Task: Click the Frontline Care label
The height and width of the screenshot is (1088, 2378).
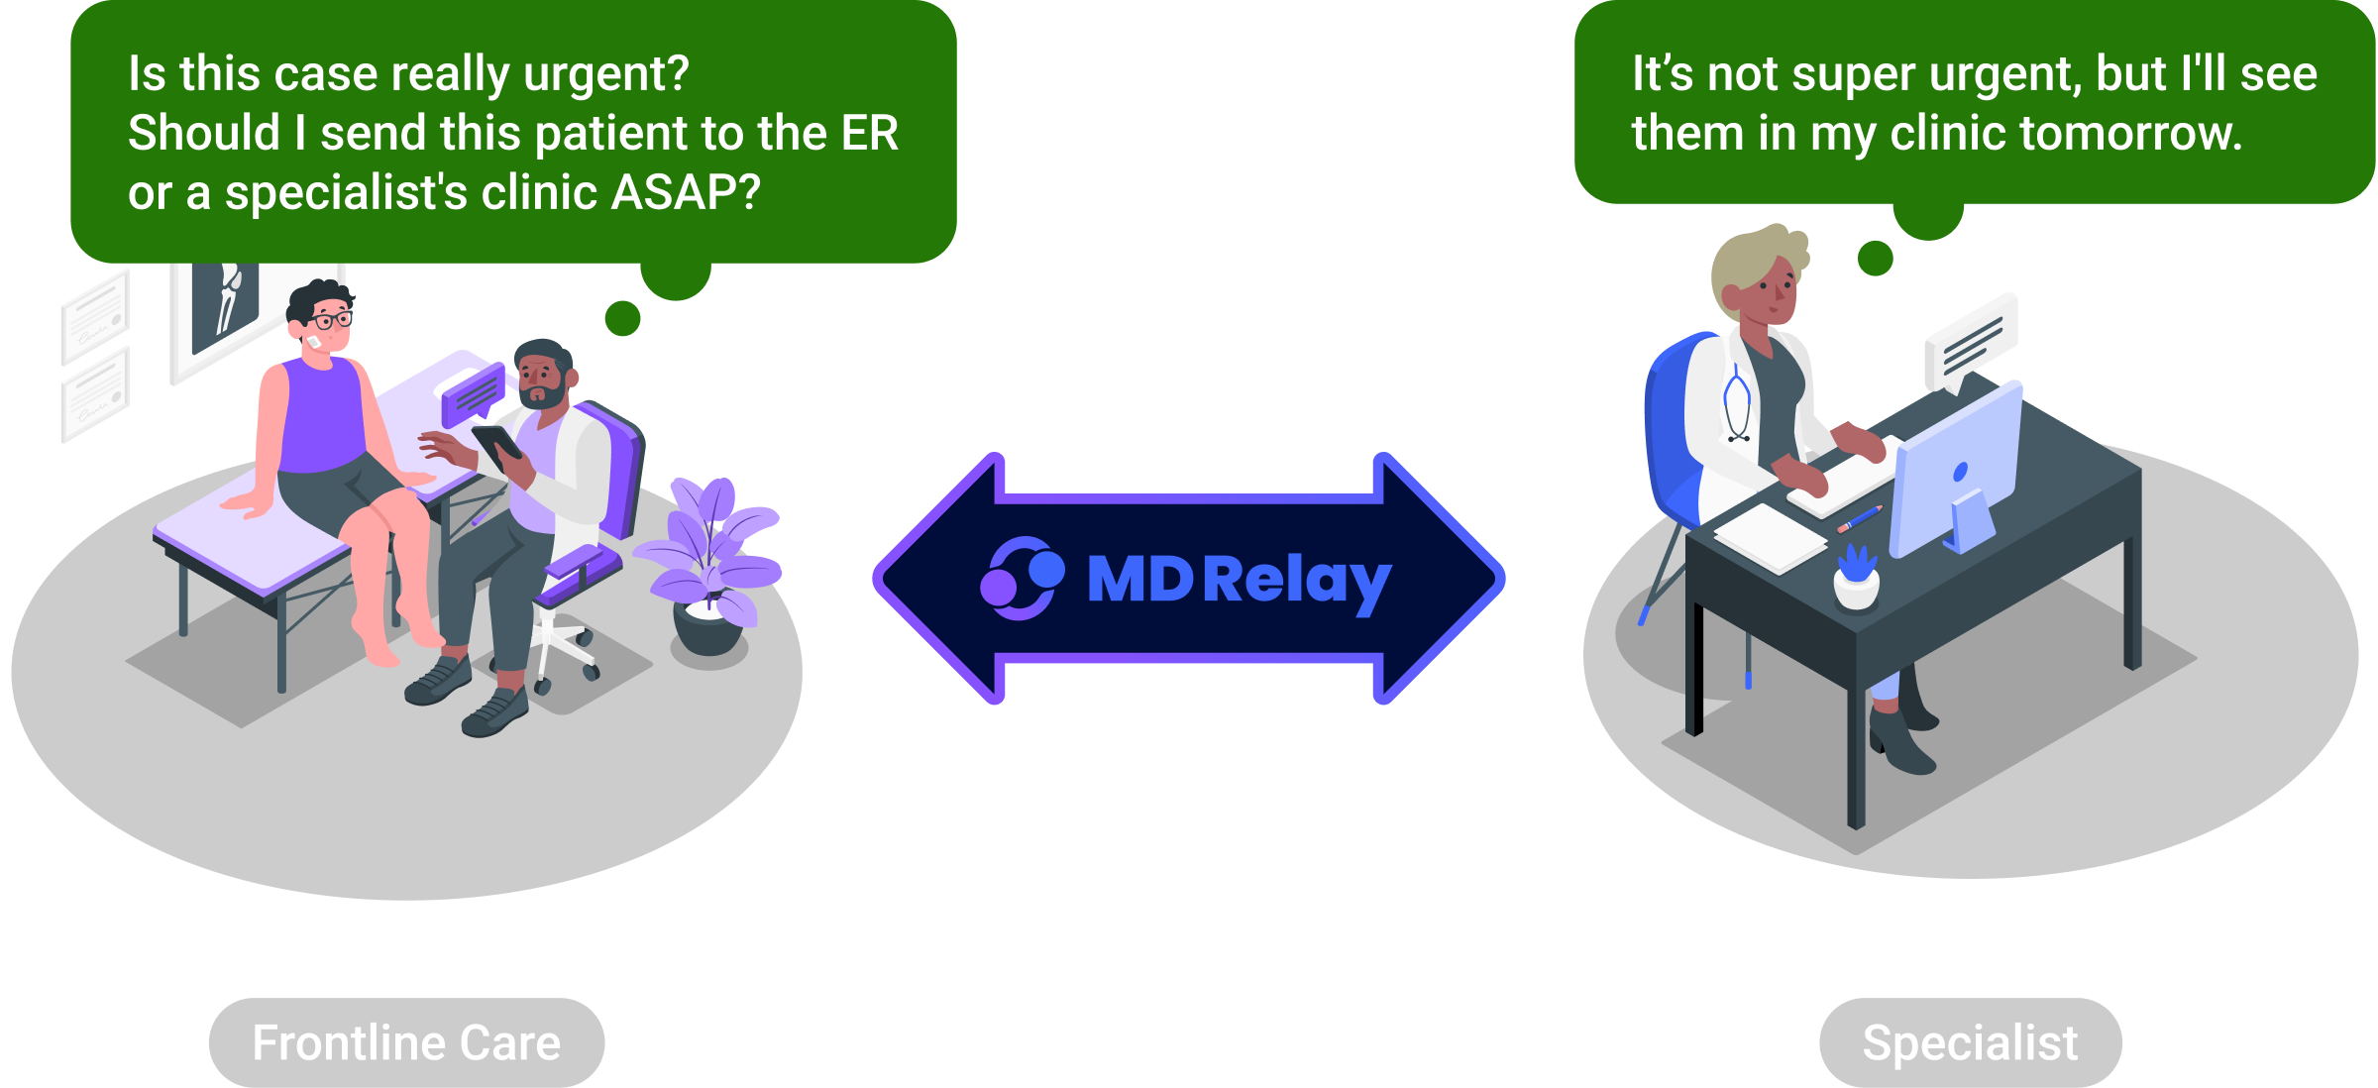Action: coord(406,1043)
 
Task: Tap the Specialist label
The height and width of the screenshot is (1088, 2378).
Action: coord(1970,1043)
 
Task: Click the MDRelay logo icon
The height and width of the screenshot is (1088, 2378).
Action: coord(1022,578)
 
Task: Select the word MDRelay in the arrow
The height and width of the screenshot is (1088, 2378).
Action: coord(1240,580)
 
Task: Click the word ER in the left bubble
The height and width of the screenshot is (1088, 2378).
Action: coord(869,133)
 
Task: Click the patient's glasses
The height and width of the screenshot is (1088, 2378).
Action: coord(330,320)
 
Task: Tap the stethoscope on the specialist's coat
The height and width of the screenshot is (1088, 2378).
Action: coord(1737,406)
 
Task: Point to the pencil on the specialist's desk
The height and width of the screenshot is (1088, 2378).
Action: coord(1860,518)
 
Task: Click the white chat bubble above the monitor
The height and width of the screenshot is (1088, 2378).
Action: coord(1971,342)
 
